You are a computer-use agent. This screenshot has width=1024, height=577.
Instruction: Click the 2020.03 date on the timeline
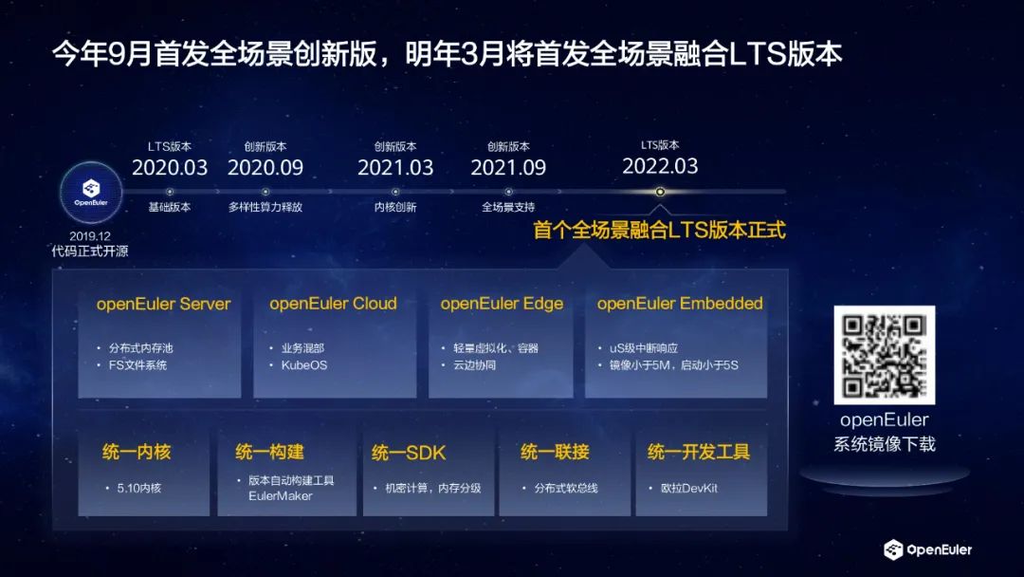pyautogui.click(x=170, y=168)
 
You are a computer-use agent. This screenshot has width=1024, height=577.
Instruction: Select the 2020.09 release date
pyautogui.click(x=265, y=168)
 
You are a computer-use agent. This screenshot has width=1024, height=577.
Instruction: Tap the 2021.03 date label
pyautogui.click(x=395, y=168)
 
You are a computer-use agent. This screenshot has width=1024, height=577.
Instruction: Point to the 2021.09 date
pyautogui.click(x=508, y=168)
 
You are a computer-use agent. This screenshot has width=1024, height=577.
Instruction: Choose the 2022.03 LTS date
pyautogui.click(x=660, y=167)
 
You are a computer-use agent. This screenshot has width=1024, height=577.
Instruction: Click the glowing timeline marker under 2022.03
pyautogui.click(x=660, y=192)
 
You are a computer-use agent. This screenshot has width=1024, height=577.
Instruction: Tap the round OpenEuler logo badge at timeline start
pyautogui.click(x=91, y=193)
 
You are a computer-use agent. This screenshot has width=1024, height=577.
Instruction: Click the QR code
pyautogui.click(x=885, y=355)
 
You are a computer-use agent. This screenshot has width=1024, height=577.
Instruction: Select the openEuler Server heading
pyautogui.click(x=163, y=304)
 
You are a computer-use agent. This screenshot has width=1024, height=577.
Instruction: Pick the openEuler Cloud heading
pyautogui.click(x=333, y=304)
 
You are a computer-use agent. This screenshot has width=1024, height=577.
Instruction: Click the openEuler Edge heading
pyautogui.click(x=502, y=304)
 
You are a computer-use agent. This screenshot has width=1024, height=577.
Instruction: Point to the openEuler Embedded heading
pyautogui.click(x=680, y=304)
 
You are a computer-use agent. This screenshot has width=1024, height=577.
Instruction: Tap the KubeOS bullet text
pyautogui.click(x=304, y=365)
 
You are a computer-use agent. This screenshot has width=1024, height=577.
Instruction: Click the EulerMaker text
pyautogui.click(x=280, y=496)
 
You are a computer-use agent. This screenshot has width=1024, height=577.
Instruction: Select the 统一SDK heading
pyautogui.click(x=409, y=452)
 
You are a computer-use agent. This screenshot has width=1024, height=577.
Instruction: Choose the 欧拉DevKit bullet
pyautogui.click(x=689, y=488)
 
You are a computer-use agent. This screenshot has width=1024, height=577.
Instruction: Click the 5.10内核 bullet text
pyautogui.click(x=139, y=488)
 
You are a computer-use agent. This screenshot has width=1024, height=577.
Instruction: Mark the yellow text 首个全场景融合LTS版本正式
pyautogui.click(x=659, y=230)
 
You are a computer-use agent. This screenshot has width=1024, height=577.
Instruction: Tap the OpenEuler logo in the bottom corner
pyautogui.click(x=927, y=549)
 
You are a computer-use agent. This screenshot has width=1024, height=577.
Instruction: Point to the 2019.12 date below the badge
pyautogui.click(x=90, y=236)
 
